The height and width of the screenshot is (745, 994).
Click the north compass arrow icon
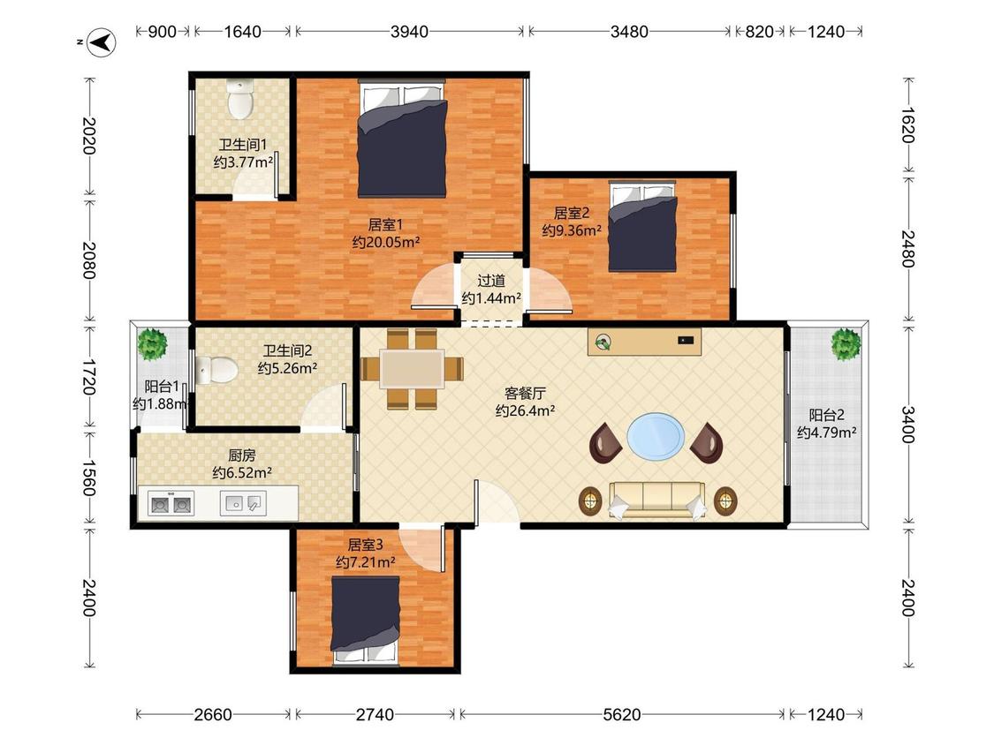tap(101, 43)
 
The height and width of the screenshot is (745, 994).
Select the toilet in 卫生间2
tap(216, 370)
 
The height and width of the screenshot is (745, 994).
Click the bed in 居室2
tap(642, 226)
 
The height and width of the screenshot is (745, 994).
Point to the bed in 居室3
tap(365, 621)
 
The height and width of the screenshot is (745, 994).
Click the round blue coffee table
tap(656, 436)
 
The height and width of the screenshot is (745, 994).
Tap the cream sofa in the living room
tap(656, 500)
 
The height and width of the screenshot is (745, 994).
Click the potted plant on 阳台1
tap(152, 344)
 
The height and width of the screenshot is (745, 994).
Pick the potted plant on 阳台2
tap(846, 344)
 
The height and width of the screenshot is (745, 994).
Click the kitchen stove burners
tap(171, 504)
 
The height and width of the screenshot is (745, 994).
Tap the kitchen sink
tap(244, 504)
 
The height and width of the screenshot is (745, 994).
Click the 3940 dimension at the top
tap(409, 32)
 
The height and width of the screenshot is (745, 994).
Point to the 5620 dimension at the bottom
tap(622, 715)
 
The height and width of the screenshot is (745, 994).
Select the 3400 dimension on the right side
tap(908, 425)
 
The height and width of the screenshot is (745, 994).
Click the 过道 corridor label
tap(491, 281)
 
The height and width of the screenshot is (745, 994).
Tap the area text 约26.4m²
tap(525, 411)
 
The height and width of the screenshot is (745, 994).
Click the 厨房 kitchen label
tap(242, 455)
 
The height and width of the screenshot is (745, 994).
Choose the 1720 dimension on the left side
tap(88, 377)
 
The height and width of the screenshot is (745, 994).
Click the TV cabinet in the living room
tap(644, 342)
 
